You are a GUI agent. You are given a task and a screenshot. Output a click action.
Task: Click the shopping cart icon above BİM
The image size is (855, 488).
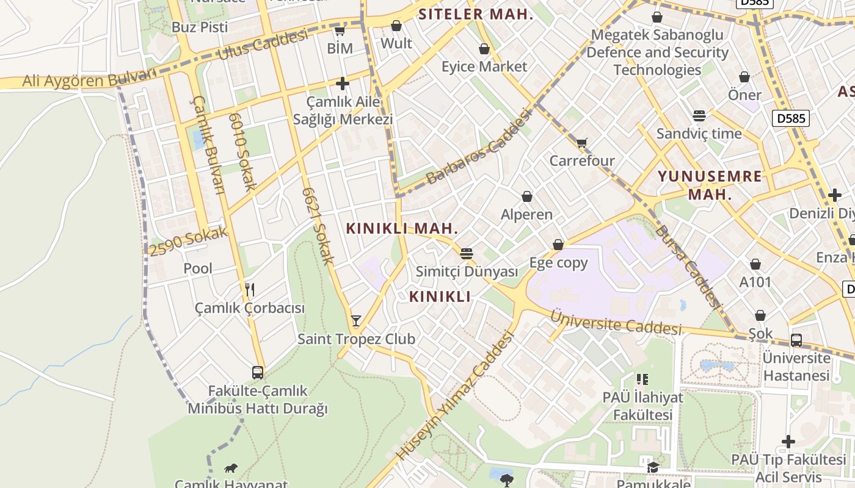(340, 30)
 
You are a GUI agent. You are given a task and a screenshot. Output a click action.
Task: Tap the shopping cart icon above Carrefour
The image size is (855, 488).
(581, 143)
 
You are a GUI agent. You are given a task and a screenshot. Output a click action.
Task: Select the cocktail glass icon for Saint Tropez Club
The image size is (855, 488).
(356, 320)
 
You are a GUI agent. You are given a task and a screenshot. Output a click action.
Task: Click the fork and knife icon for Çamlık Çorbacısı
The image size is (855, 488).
(249, 289)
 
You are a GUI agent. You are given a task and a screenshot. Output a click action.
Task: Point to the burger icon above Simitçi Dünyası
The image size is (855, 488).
(467, 253)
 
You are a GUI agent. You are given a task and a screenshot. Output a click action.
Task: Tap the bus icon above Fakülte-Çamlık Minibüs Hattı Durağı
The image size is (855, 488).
(258, 372)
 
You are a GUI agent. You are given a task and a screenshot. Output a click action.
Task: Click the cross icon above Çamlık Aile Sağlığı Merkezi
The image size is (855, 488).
(343, 83)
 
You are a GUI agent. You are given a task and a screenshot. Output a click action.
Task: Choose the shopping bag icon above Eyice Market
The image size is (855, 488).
(484, 48)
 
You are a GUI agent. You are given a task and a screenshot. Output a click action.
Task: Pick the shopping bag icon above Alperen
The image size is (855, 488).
(526, 196)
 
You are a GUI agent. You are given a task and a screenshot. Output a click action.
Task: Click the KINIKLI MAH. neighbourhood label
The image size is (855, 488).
(402, 229)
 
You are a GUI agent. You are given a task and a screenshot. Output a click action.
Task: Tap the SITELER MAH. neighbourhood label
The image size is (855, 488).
(476, 14)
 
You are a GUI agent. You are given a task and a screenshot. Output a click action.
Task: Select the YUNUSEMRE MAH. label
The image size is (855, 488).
(710, 185)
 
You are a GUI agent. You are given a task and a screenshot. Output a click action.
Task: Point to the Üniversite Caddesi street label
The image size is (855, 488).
(616, 321)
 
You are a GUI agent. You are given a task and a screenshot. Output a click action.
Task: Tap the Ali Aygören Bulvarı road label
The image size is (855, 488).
(90, 79)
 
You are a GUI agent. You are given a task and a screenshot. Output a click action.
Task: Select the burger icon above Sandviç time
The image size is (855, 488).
(699, 115)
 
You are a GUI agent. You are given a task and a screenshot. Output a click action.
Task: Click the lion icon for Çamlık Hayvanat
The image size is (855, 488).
(231, 468)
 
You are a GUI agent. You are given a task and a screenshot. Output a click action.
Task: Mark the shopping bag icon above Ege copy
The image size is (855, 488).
(558, 245)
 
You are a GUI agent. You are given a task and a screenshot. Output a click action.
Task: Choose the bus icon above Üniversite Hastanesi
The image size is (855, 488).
(796, 340)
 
